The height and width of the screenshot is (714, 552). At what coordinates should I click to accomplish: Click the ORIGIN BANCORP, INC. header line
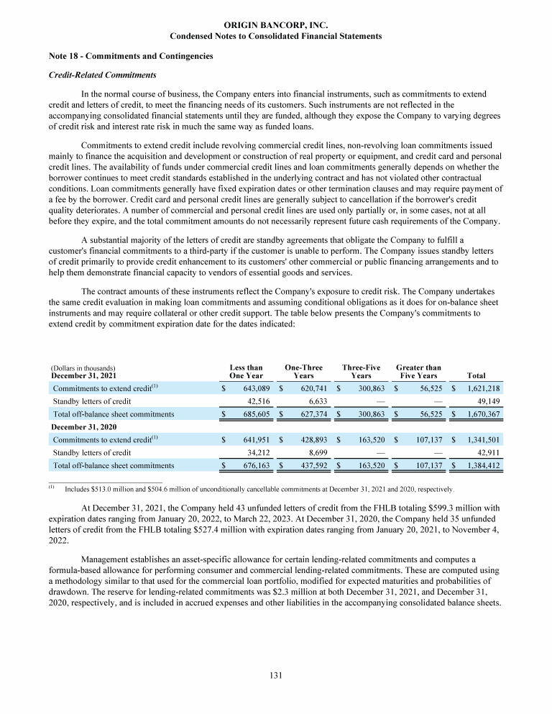tap(275, 25)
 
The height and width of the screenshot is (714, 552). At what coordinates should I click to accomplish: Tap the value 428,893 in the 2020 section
tap(308, 439)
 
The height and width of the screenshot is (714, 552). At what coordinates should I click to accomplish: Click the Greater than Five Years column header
tap(418, 371)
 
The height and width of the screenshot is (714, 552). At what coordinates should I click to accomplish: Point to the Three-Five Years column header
tap(361, 371)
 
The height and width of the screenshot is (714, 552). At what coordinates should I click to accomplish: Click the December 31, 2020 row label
tap(88, 426)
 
